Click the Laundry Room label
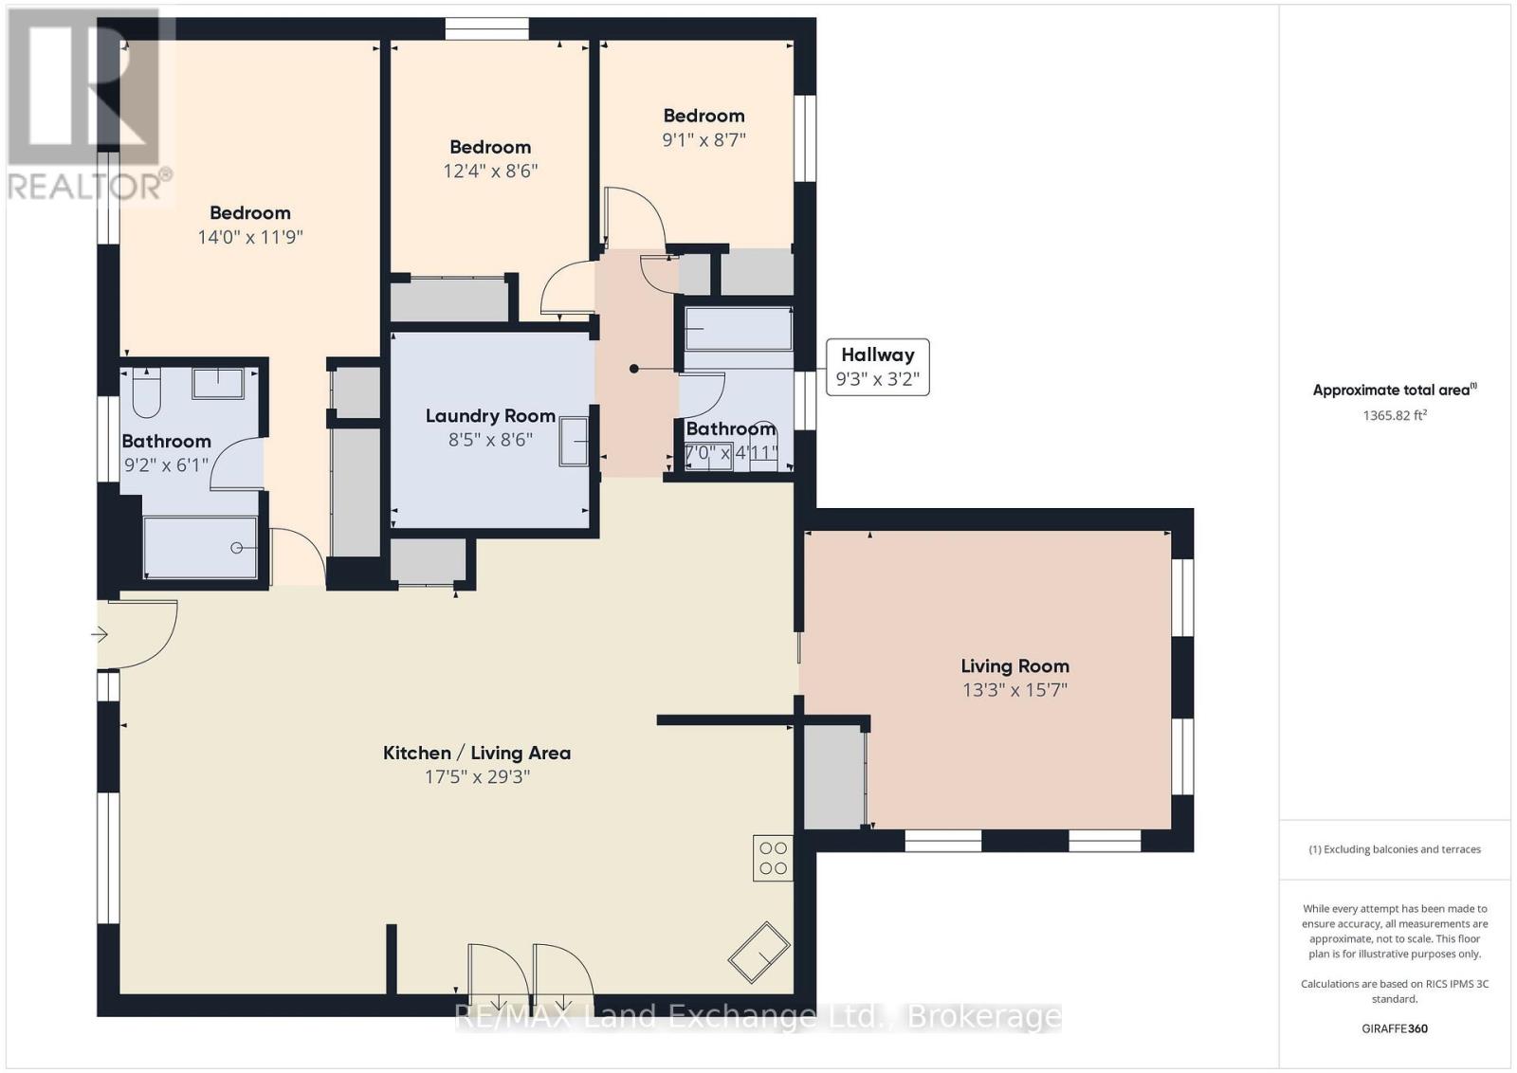490,416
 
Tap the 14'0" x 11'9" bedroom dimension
250,237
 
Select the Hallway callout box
878,367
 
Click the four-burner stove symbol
773,858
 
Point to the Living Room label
1015,666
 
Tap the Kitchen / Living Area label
477,753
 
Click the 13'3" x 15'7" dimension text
1015,690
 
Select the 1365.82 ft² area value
1395,415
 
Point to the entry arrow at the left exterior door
100,634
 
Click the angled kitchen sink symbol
759,952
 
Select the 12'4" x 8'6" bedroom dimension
490,171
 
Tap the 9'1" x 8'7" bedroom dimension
704,139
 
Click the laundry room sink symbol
574,442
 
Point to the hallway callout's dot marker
634,369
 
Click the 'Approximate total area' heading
1395,390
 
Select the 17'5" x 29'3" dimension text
477,776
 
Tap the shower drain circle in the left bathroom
236,548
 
